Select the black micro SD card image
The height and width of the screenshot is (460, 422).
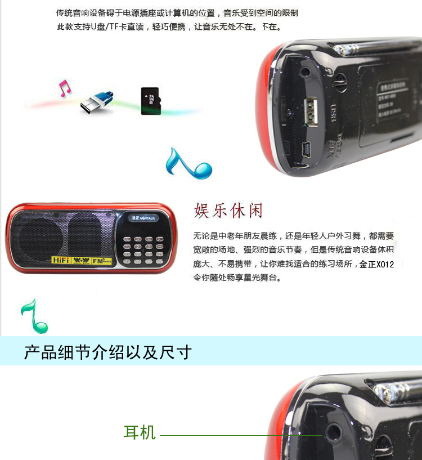pos(151,101)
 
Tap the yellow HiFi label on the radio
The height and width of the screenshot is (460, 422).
pos(61,261)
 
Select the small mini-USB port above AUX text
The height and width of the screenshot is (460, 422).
pos(307,149)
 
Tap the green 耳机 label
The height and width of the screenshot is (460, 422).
pos(139,432)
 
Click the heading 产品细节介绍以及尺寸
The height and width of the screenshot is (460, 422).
pos(107,352)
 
